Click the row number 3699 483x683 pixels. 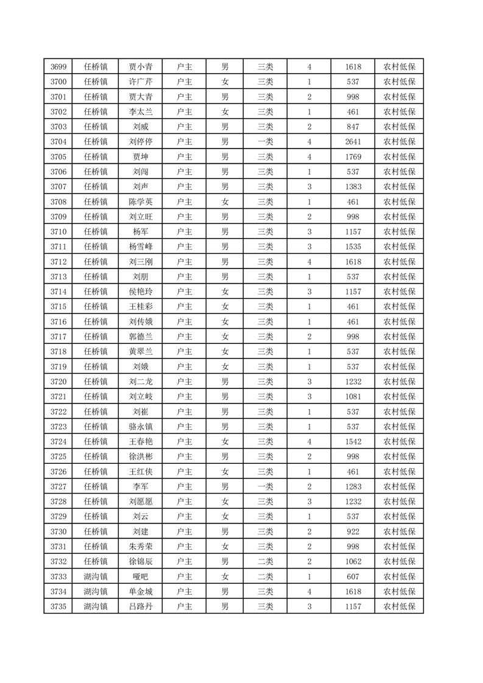pyautogui.click(x=58, y=67)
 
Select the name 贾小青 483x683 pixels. pyautogui.click(x=141, y=67)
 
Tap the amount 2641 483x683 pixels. pyautogui.click(x=353, y=142)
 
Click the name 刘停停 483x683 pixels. pyautogui.click(x=141, y=142)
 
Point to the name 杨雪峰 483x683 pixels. pyautogui.click(x=141, y=247)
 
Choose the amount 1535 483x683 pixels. pyautogui.click(x=353, y=247)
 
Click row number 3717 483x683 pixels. pyautogui.click(x=58, y=337)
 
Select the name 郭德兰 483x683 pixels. pyautogui.click(x=141, y=337)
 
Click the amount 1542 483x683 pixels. pyautogui.click(x=353, y=441)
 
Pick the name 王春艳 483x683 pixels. pyautogui.click(x=141, y=441)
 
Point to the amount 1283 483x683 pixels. pyautogui.click(x=353, y=486)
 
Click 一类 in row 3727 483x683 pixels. pyautogui.click(x=266, y=486)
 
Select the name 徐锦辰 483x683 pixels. pyautogui.click(x=141, y=561)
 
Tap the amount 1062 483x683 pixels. pyautogui.click(x=353, y=561)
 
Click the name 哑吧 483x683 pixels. pyautogui.click(x=141, y=576)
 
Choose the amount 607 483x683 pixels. pyautogui.click(x=353, y=576)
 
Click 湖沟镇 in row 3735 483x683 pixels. pyautogui.click(x=96, y=606)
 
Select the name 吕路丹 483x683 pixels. pyautogui.click(x=141, y=606)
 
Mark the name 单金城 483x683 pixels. pyautogui.click(x=141, y=591)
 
